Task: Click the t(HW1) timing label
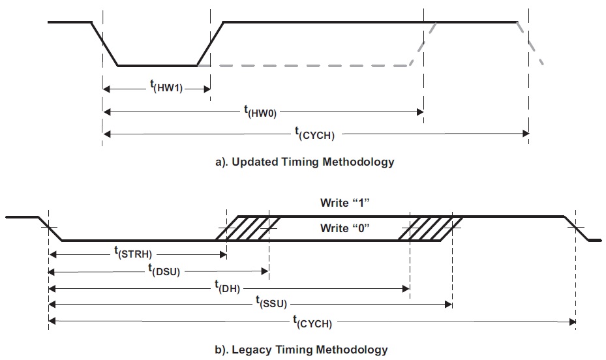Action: [166, 86]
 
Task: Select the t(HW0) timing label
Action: [260, 112]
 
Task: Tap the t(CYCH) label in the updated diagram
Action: [314, 134]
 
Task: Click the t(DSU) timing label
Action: [164, 271]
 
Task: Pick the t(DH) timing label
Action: [227, 287]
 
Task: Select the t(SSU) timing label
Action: [271, 303]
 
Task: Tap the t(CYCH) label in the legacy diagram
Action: [312, 322]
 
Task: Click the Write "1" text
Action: [344, 203]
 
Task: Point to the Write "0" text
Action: [344, 228]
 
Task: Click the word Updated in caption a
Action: [254, 162]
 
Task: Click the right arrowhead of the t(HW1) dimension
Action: [207, 89]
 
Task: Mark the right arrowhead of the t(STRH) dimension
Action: [222, 254]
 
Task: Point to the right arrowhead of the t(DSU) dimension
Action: [265, 271]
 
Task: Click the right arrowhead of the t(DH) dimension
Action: [406, 288]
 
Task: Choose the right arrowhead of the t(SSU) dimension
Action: [448, 305]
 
